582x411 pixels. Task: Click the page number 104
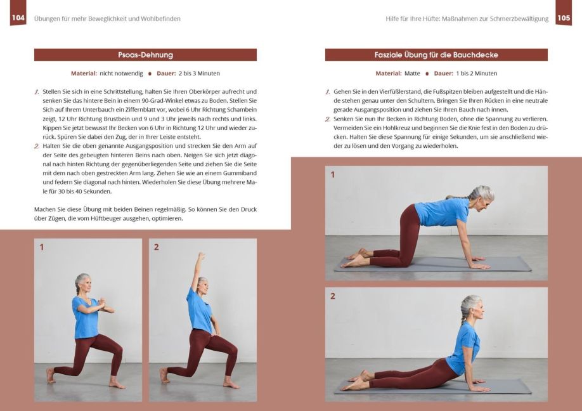tap(18, 18)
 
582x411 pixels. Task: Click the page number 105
tap(564, 18)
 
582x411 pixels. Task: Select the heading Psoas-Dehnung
tap(146, 55)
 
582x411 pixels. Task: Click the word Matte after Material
tap(412, 74)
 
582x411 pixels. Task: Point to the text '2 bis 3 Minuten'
tap(199, 74)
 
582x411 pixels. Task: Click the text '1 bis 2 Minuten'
tap(476, 74)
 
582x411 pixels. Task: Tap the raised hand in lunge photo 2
tap(201, 256)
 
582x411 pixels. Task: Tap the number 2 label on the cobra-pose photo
tap(333, 296)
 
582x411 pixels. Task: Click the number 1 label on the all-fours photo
tap(333, 174)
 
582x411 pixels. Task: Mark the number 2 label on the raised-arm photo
tap(156, 247)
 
